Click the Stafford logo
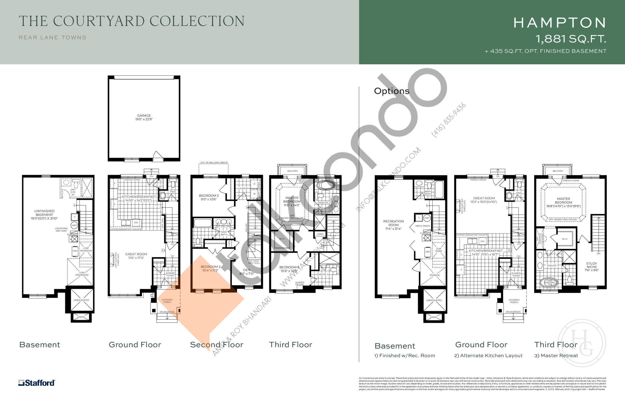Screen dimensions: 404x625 (x=36, y=383)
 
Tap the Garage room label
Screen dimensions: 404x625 (x=144, y=117)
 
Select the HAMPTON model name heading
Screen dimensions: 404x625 (x=560, y=23)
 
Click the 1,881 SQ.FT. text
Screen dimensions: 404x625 (x=570, y=39)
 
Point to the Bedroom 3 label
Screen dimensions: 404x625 (x=208, y=197)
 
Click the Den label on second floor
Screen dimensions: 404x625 (x=247, y=272)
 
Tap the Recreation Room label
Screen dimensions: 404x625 (x=393, y=225)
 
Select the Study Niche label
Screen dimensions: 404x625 (x=591, y=267)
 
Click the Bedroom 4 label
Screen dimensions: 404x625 (x=289, y=269)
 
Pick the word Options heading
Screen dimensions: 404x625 (x=391, y=91)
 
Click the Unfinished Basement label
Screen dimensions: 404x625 (x=44, y=214)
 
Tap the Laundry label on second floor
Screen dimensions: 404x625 (x=243, y=188)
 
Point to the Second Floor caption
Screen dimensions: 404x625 (x=217, y=345)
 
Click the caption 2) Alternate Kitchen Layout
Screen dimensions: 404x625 (x=488, y=356)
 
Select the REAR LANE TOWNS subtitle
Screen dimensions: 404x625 (x=52, y=38)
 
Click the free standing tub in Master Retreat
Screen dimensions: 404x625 (x=549, y=283)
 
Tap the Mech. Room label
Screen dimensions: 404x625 (x=422, y=226)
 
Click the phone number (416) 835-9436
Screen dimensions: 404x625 (x=448, y=120)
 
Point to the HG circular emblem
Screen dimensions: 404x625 (x=582, y=343)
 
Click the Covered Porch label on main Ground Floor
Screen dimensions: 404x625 (x=167, y=301)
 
